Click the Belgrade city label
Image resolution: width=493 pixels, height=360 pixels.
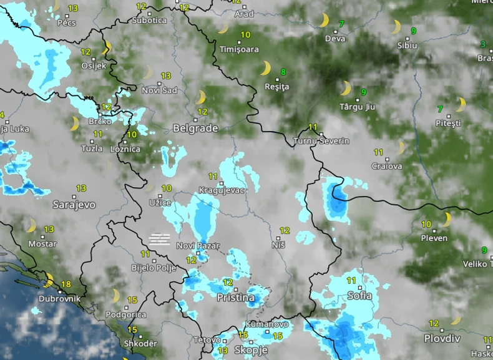click(195, 129)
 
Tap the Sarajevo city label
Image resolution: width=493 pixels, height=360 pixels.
click(74, 204)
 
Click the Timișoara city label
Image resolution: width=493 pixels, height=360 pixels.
click(239, 49)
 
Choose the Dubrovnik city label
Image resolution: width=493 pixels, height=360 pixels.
click(59, 299)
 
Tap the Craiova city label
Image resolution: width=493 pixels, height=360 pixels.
click(387, 167)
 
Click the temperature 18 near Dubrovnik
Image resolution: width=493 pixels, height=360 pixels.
click(66, 285)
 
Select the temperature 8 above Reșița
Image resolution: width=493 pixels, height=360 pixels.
click(283, 72)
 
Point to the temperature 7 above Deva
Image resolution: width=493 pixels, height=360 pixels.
click(341, 24)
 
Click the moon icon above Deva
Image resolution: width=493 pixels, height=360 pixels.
click(323, 21)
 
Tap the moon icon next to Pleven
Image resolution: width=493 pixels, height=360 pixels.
click(446, 219)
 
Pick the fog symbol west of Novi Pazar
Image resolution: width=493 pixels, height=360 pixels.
click(160, 238)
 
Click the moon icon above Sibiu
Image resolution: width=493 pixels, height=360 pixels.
click(396, 27)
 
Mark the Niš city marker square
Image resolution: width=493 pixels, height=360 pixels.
click(278, 237)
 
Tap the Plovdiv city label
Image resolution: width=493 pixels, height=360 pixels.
click(442, 338)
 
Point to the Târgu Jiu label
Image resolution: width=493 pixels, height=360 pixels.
click(358, 107)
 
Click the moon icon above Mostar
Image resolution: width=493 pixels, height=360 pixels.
click(30, 225)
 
